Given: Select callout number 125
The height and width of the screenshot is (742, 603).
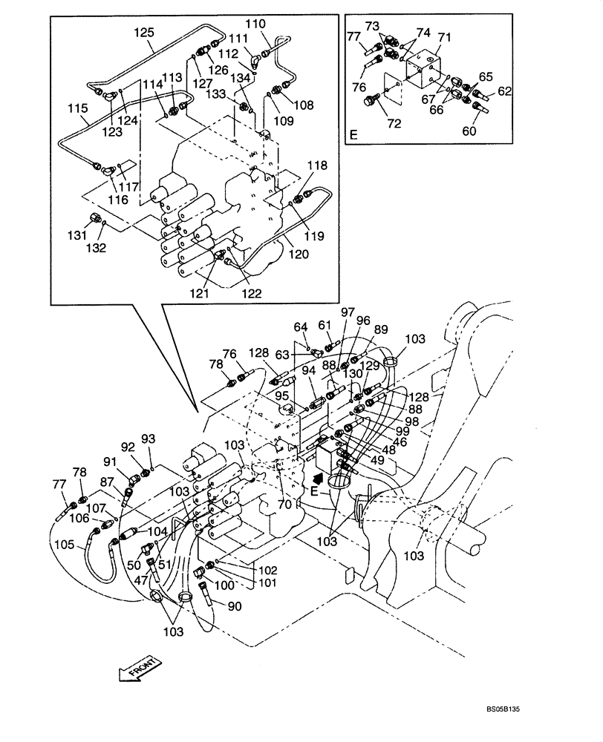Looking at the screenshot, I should click(x=143, y=32).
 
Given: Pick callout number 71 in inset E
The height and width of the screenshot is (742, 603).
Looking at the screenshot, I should click(x=445, y=36).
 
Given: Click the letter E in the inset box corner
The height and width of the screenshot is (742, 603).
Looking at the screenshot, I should click(x=353, y=134).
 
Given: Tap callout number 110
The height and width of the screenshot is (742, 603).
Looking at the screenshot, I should click(x=255, y=24).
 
